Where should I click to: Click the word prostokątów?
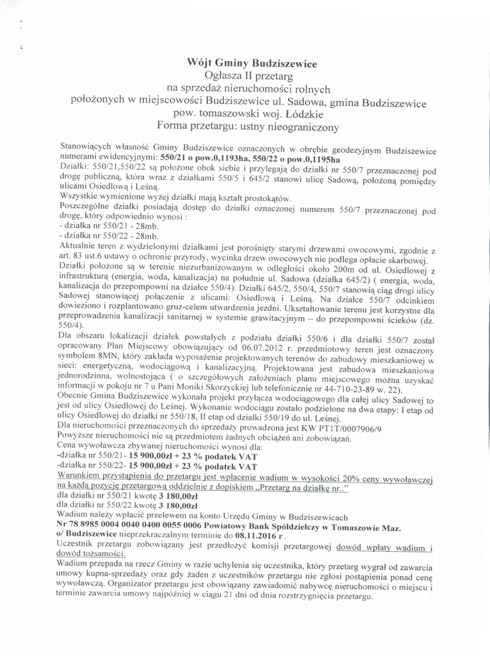click(257, 198)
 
